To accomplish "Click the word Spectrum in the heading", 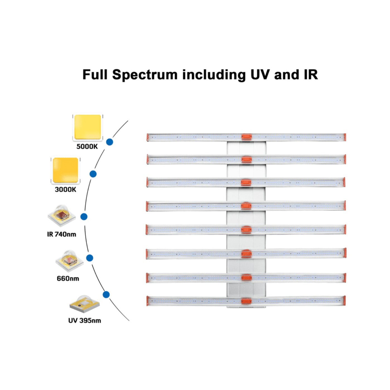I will tap(145, 75).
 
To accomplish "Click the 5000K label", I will tap(87, 147).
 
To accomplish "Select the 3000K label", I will tap(65, 190).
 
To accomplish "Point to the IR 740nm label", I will tap(62, 234).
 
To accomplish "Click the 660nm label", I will tap(68, 279).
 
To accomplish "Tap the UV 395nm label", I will tap(85, 321).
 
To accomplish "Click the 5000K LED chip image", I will tap(87, 127).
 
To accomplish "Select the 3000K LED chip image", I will tap(65, 170).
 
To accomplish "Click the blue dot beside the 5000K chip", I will tap(110, 142).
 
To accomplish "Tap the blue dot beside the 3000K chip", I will tap(93, 174).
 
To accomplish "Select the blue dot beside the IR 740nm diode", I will tap(84, 217).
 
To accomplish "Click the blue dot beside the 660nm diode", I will tap(90, 258).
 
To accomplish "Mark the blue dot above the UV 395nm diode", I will tap(106, 294).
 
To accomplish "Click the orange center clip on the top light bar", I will tap(246, 137).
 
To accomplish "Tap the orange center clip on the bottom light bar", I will tap(246, 301).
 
